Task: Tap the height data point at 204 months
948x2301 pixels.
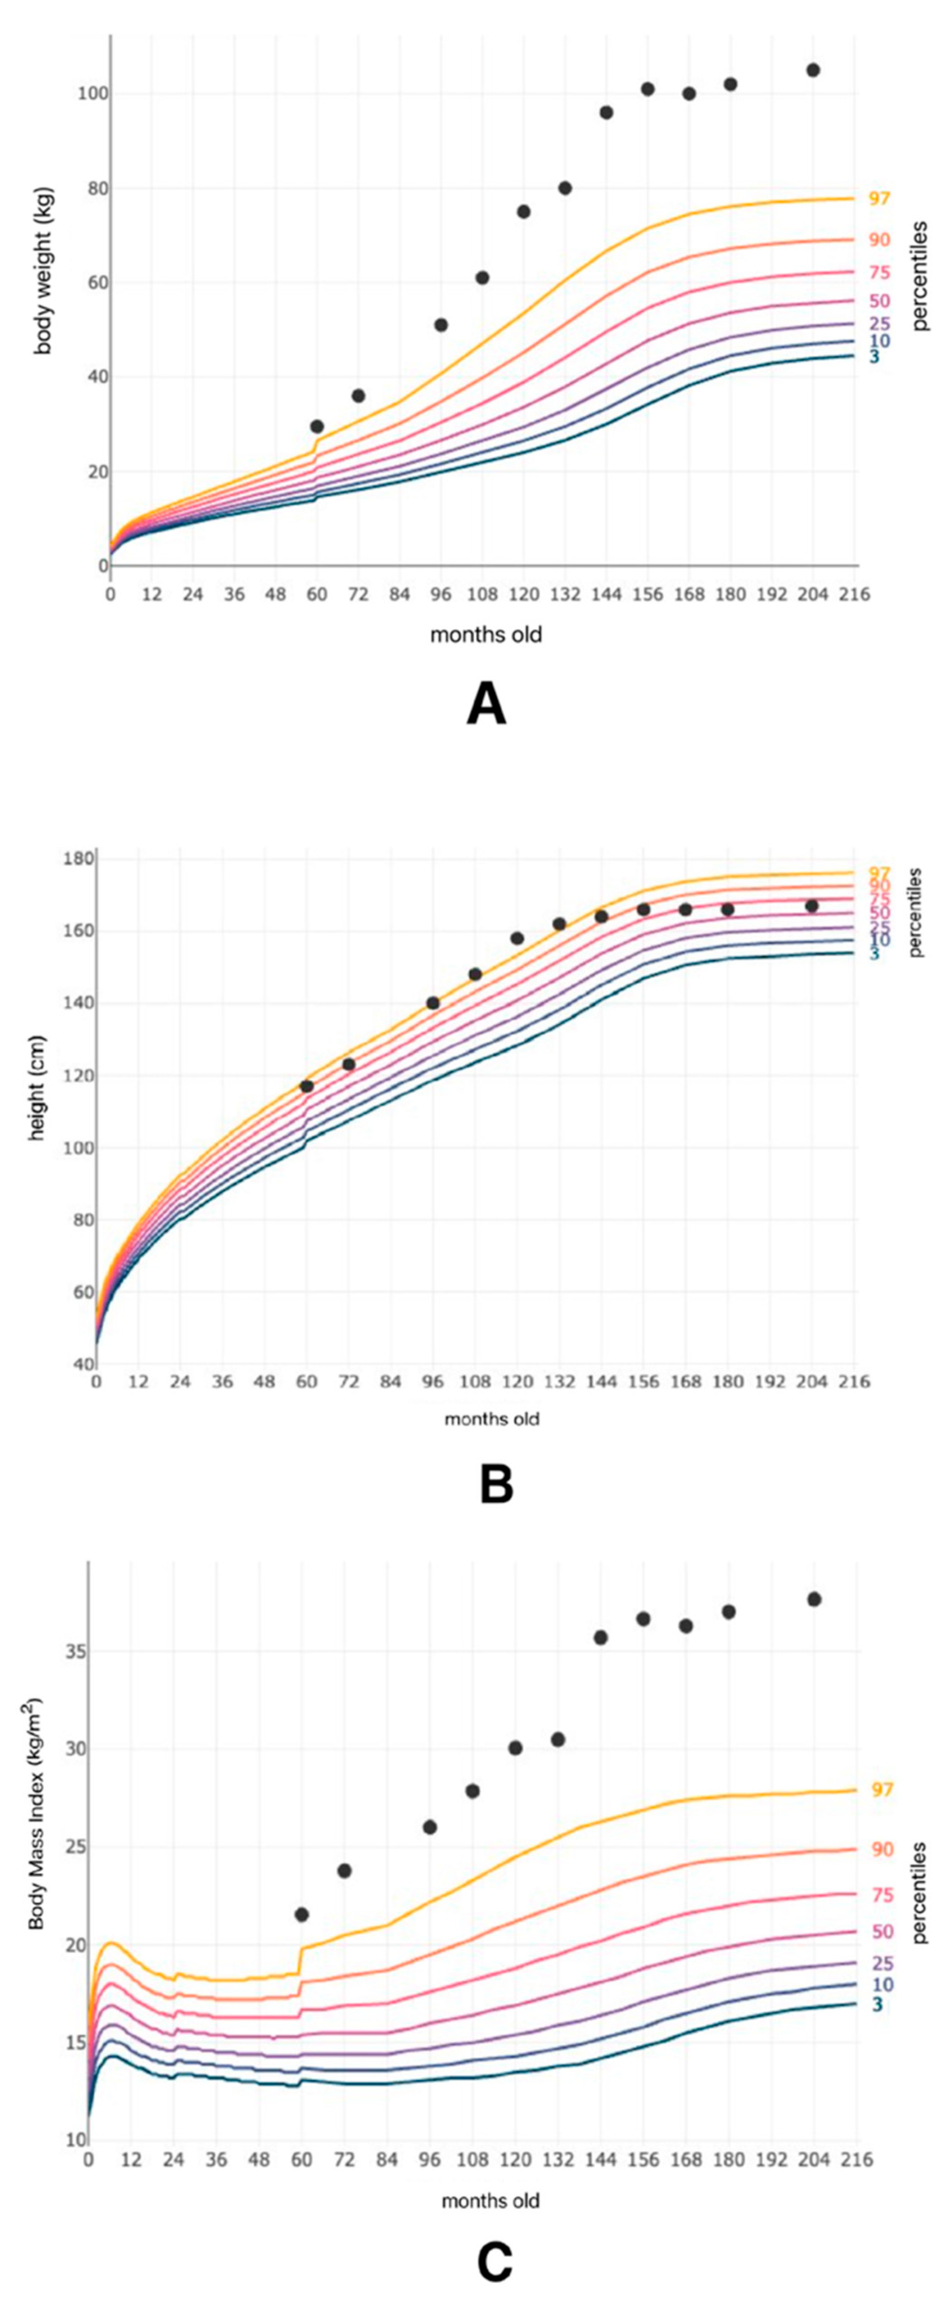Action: tap(811, 906)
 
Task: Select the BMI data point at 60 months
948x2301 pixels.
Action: tap(302, 1914)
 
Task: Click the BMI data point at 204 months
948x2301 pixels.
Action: tap(814, 1599)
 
